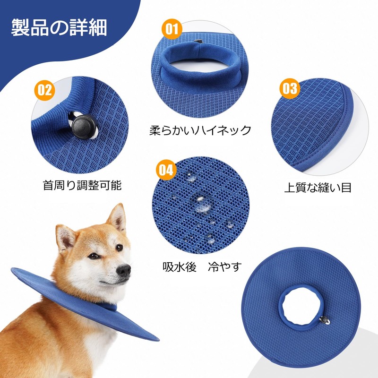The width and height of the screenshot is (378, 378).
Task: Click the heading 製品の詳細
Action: click(59, 28)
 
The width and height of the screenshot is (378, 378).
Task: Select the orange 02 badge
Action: click(44, 90)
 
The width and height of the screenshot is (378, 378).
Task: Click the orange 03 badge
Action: click(290, 89)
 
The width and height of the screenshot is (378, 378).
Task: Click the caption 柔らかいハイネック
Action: click(200, 130)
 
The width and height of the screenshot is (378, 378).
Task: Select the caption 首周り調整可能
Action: click(82, 185)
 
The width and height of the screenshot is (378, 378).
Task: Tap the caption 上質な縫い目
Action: click(318, 187)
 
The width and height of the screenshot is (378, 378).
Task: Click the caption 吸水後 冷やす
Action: click(201, 266)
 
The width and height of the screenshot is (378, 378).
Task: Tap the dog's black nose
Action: click(124, 270)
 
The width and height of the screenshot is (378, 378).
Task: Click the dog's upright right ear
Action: click(116, 218)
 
